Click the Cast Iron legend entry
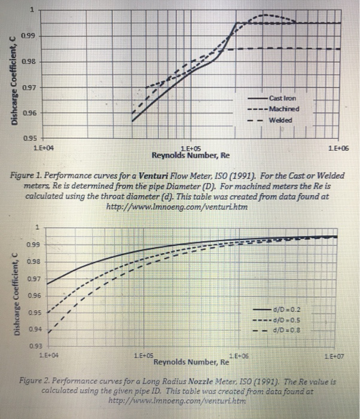[282, 98]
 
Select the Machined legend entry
[283, 109]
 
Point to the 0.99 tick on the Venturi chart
[27, 37]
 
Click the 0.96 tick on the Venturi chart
[27, 113]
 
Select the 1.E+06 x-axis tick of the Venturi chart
[338, 147]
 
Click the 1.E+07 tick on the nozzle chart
[338, 357]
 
